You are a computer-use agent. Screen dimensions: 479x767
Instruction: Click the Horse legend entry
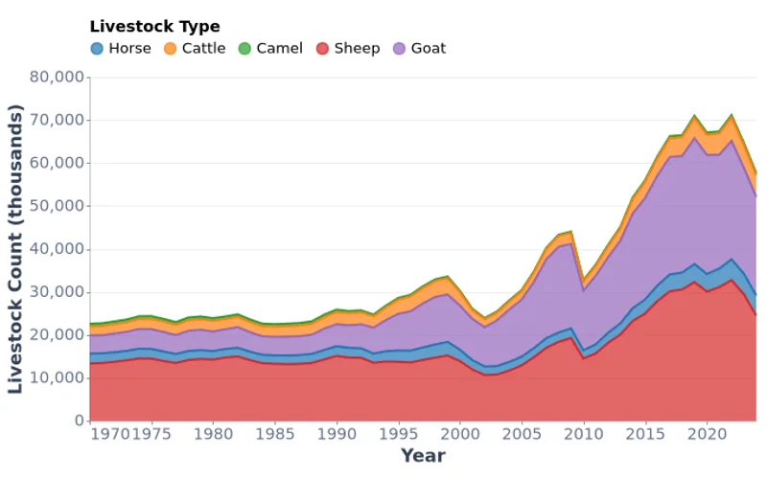point(121,48)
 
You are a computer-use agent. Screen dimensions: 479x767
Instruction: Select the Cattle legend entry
point(195,48)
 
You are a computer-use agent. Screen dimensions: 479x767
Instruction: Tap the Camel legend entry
point(270,48)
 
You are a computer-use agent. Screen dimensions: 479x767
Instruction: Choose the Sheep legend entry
point(347,48)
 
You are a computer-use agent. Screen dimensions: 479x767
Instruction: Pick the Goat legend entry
point(419,48)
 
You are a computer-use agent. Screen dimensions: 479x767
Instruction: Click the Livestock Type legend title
point(154,27)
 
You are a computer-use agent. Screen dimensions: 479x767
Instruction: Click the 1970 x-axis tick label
point(111,434)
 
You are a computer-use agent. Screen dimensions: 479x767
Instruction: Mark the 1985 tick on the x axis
point(274,434)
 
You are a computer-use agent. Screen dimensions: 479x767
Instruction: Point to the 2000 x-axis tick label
point(460,434)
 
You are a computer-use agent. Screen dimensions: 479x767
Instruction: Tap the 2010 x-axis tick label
point(584,434)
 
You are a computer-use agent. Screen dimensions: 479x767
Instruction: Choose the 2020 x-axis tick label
point(708,434)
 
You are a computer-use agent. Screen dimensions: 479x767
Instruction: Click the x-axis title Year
point(423,456)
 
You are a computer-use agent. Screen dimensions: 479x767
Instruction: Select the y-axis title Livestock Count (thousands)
point(16,249)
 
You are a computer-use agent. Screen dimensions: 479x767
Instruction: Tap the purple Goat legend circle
point(401,48)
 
